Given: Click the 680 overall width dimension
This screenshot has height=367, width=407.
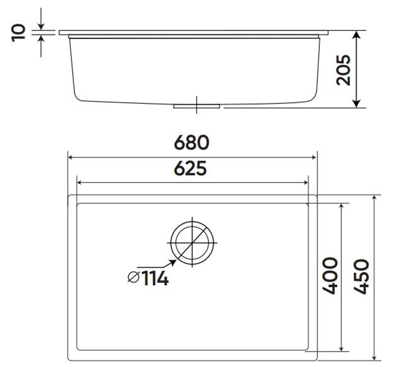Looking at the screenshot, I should (192, 143).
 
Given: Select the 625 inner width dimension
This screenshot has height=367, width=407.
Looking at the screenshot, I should (192, 168).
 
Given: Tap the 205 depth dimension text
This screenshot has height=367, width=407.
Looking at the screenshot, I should (343, 70).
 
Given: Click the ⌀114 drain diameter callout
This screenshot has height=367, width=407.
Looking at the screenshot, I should (148, 278).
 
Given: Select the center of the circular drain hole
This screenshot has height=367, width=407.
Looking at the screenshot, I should (192, 242).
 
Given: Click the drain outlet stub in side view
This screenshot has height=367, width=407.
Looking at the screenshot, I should (196, 106).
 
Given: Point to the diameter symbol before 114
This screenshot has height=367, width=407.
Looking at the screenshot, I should (133, 278).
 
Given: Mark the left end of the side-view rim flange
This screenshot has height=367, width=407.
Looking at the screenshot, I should (60, 33).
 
